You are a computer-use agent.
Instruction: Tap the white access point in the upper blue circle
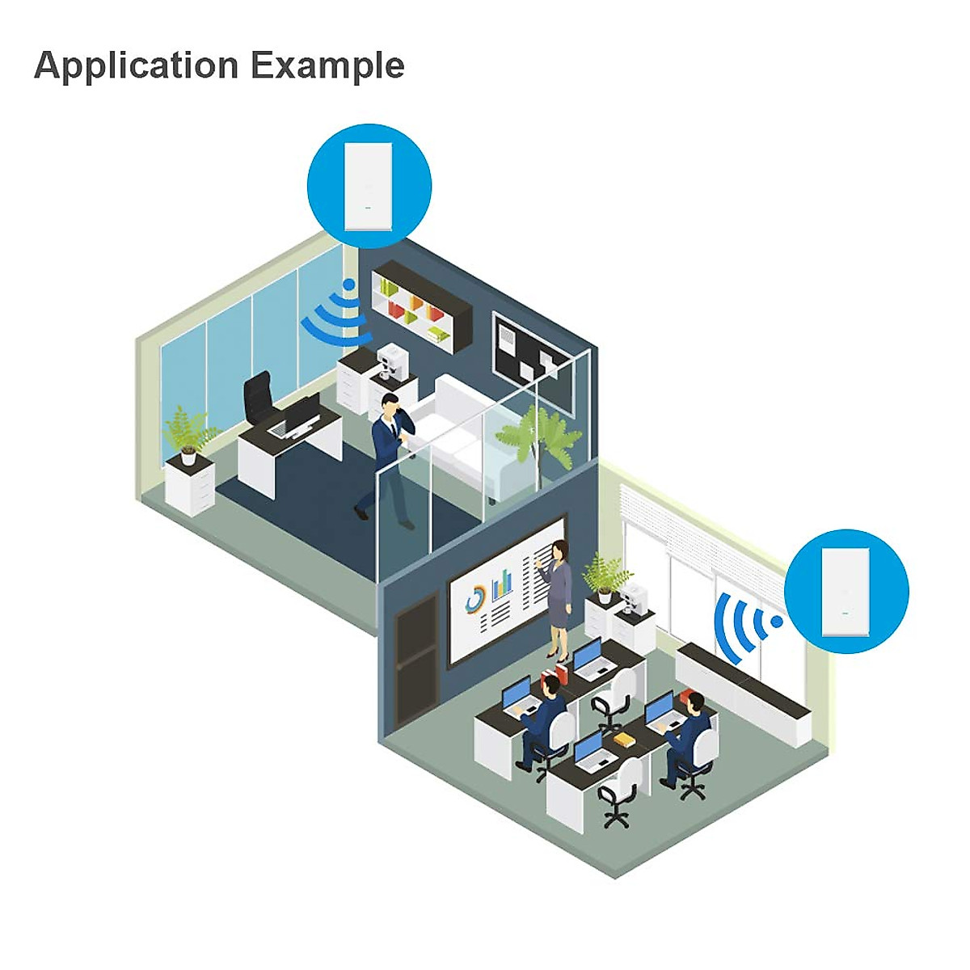click(369, 186)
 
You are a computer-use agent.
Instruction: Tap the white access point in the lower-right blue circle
click(846, 592)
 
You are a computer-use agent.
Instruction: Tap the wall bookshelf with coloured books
click(421, 306)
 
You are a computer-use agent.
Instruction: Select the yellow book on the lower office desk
click(622, 739)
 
